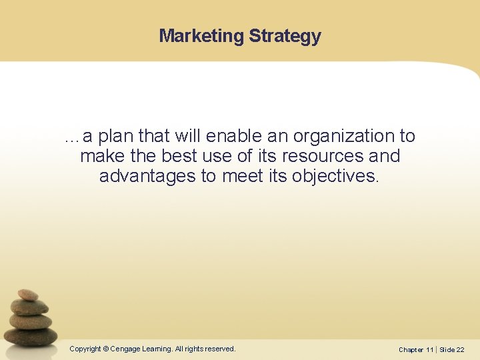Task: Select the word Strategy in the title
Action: tap(285, 37)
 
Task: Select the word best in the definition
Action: tap(179, 156)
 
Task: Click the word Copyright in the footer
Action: tap(85, 349)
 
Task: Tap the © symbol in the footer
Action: tap(105, 349)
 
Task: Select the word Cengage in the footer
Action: tap(125, 349)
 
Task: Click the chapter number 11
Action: tap(430, 350)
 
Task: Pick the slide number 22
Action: tap(461, 350)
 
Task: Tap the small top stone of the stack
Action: tap(27, 295)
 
